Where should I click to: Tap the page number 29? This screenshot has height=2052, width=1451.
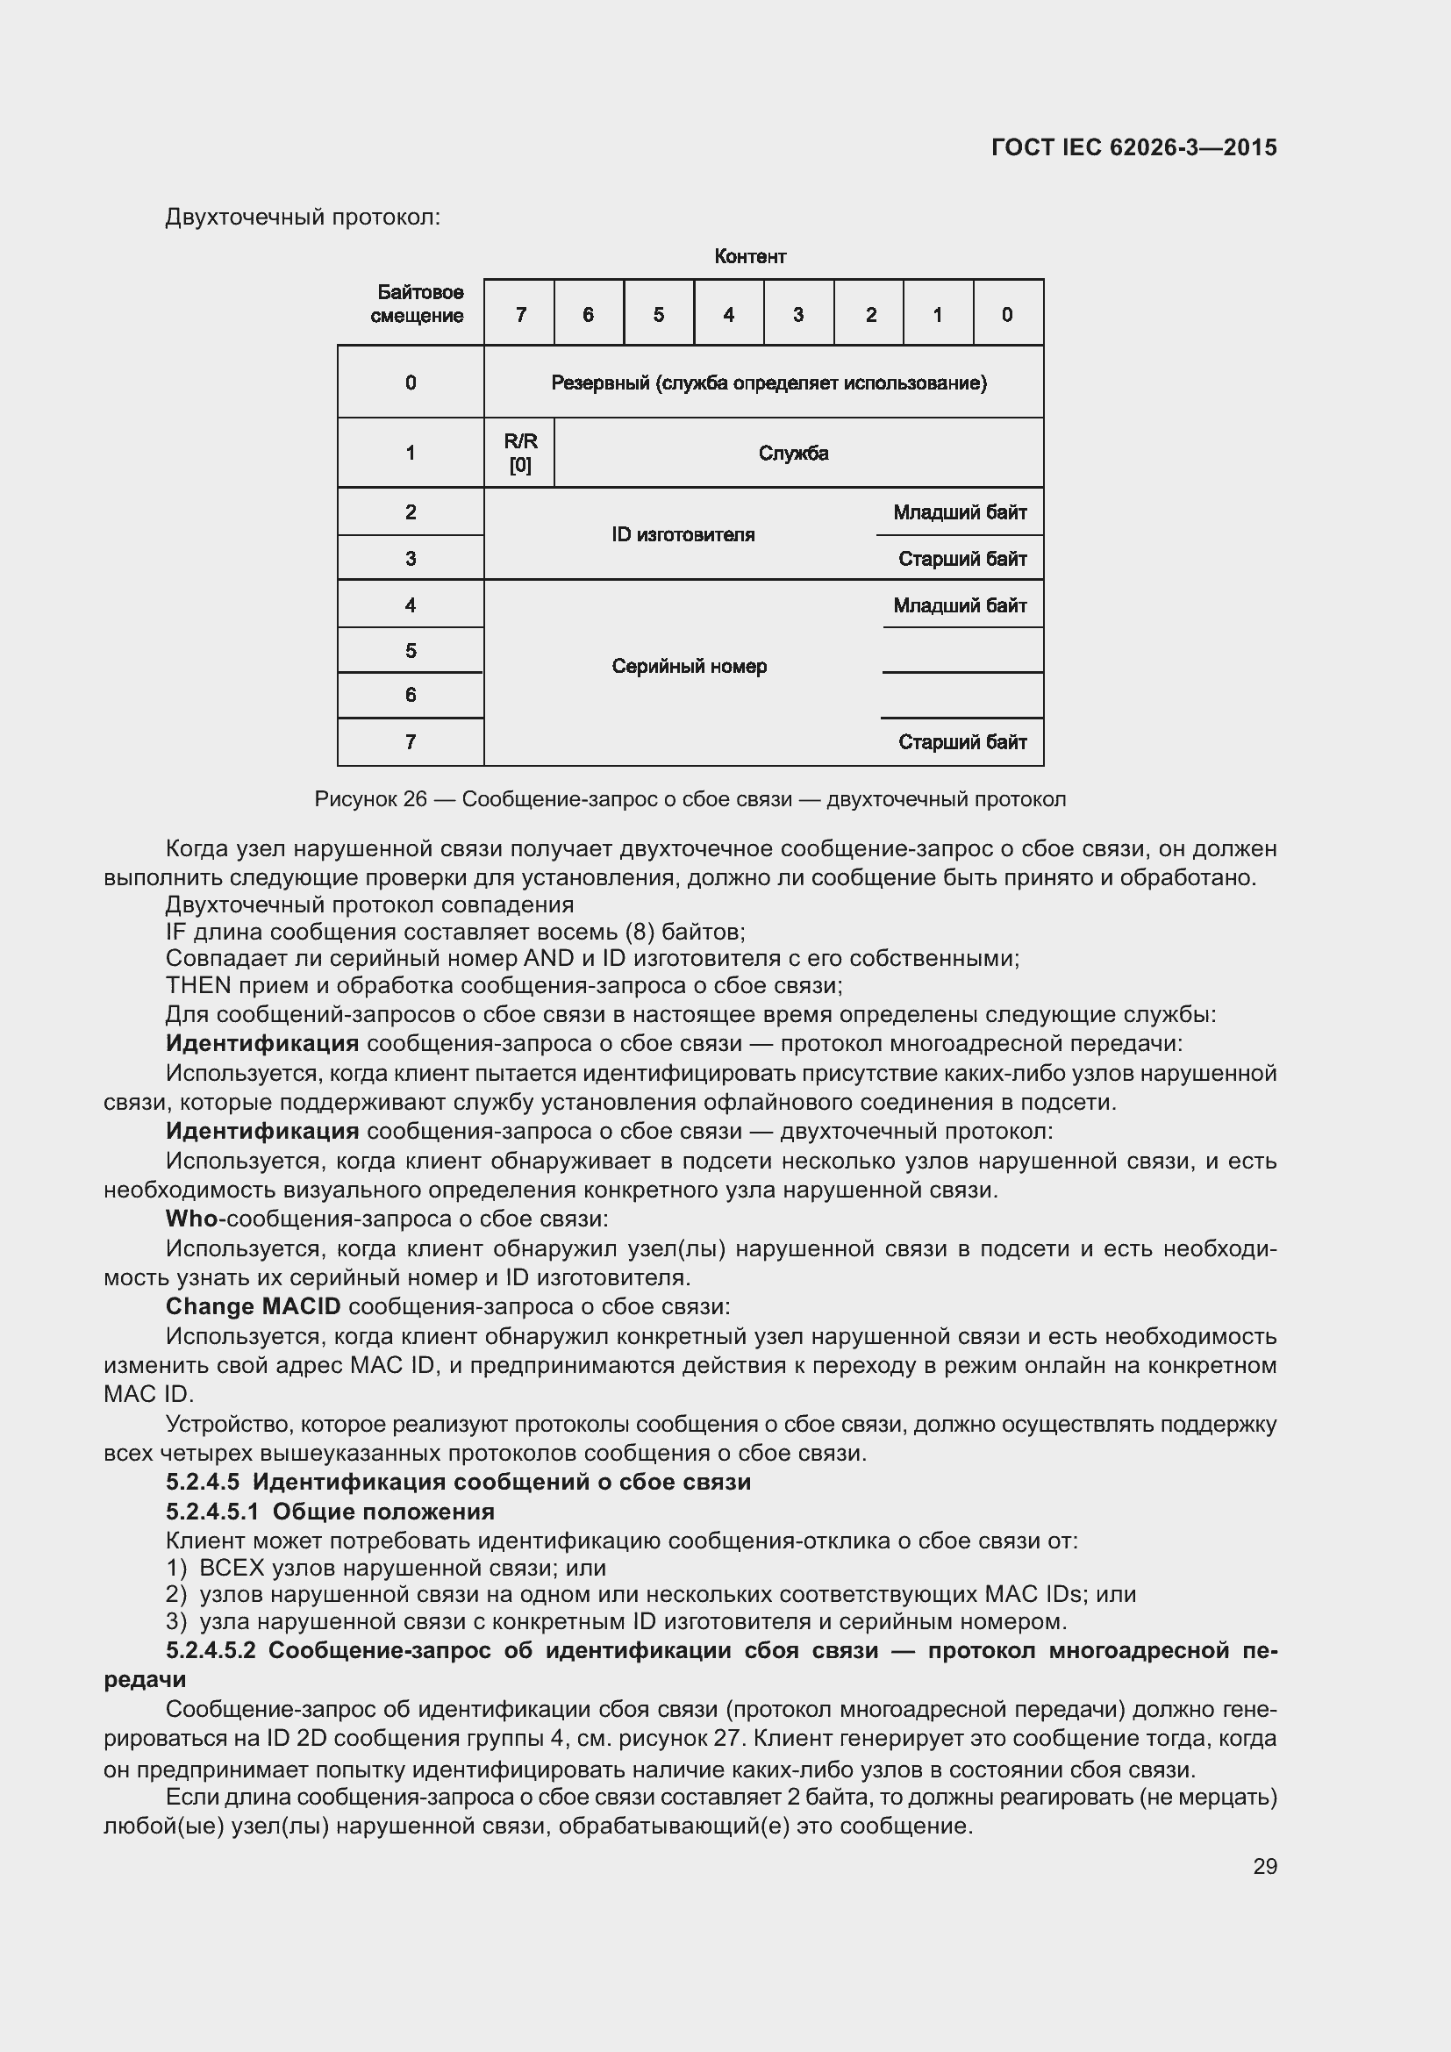coord(1264,1865)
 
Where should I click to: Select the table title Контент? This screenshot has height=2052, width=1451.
coord(749,257)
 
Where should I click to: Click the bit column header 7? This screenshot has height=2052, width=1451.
coord(521,315)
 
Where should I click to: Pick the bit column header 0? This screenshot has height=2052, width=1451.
coord(1007,315)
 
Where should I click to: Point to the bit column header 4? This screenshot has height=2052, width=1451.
coord(729,315)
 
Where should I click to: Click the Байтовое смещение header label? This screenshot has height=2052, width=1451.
coord(418,304)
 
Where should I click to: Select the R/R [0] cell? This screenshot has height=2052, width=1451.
coord(520,453)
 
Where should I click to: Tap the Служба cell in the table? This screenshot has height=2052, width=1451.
coord(793,453)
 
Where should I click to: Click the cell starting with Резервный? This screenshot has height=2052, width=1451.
coord(768,383)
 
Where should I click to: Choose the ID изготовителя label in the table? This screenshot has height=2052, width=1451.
coord(683,534)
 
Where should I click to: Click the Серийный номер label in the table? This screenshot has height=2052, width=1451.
coord(689,667)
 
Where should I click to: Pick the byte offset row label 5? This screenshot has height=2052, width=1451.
coord(410,651)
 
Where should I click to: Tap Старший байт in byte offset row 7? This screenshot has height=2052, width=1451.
coord(962,743)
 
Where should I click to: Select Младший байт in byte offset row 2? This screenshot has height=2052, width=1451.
coord(960,513)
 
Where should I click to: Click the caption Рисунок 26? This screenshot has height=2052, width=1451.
coord(371,799)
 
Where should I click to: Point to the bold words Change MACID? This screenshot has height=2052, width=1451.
coord(253,1306)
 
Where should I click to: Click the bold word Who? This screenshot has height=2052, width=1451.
coord(191,1219)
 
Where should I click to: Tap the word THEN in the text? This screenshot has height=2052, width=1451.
coord(198,986)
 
